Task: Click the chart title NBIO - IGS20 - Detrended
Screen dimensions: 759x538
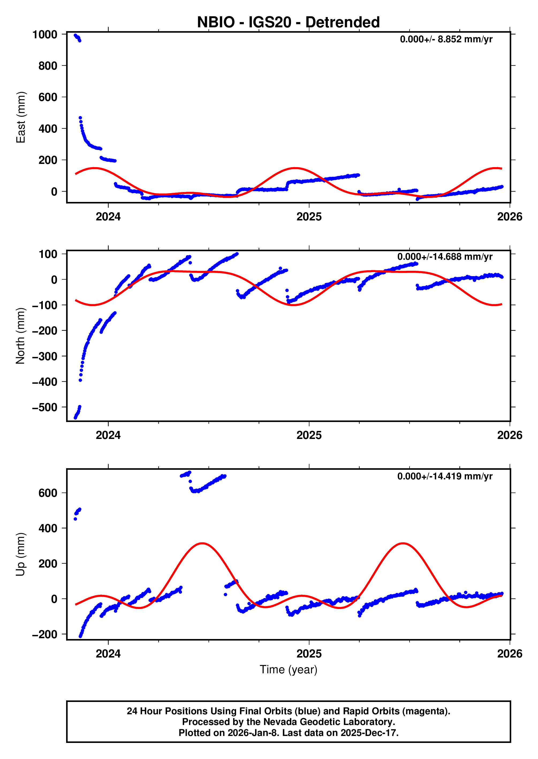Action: (288, 22)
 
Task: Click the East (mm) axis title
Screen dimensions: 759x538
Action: (21, 117)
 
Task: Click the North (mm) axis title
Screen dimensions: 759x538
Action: (21, 336)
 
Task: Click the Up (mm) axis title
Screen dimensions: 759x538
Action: (21, 554)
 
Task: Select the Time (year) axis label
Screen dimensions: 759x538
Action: (288, 669)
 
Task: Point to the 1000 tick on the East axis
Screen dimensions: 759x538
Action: (45, 35)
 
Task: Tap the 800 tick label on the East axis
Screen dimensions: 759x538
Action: (48, 66)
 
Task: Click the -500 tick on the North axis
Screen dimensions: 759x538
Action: (45, 407)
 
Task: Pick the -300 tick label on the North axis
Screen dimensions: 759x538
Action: (45, 356)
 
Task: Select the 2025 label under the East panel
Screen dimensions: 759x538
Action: (309, 217)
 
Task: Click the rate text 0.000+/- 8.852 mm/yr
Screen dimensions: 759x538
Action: (446, 39)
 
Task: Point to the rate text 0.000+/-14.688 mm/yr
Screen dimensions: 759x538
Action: (445, 257)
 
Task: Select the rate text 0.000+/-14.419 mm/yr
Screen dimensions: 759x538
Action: (445, 476)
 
